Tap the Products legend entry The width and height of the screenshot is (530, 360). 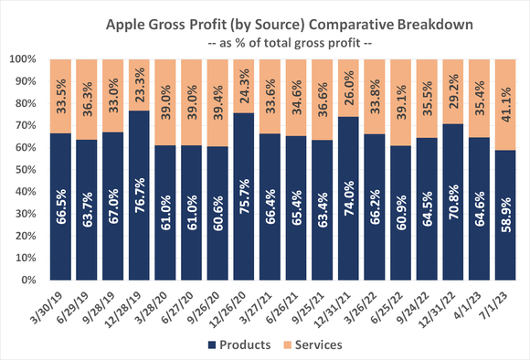click(x=243, y=345)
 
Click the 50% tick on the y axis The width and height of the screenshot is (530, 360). click(x=25, y=169)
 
